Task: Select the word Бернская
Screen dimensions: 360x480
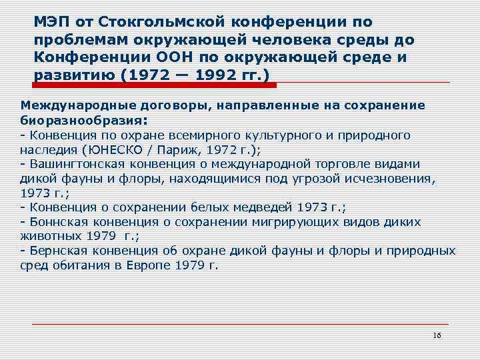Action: point(54,251)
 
